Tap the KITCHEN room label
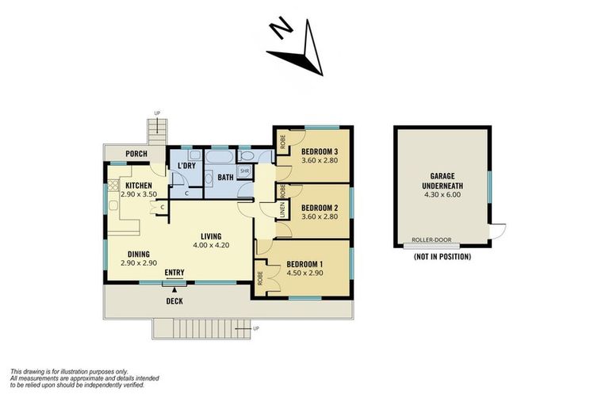pyautogui.click(x=139, y=185)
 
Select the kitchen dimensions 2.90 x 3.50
pyautogui.click(x=140, y=193)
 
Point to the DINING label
pyautogui.click(x=140, y=254)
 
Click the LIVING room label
pyautogui.click(x=210, y=236)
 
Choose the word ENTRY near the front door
pyautogui.click(x=174, y=273)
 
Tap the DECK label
pyautogui.click(x=174, y=301)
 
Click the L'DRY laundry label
pyautogui.click(x=187, y=166)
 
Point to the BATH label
pyautogui.click(x=226, y=177)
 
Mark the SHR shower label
pyautogui.click(x=245, y=171)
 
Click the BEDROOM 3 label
pyautogui.click(x=320, y=151)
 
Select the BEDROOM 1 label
pyautogui.click(x=305, y=264)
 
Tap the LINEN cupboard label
pyautogui.click(x=282, y=210)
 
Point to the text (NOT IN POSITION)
pyautogui.click(x=442, y=257)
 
